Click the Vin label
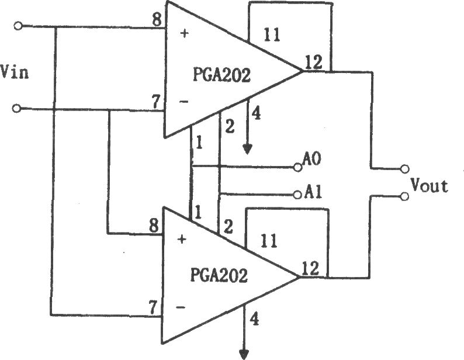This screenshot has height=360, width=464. tap(14, 72)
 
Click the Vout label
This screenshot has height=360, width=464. tap(429, 186)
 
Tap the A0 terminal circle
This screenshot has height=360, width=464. tap(297, 168)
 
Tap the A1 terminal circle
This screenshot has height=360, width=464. tap(297, 195)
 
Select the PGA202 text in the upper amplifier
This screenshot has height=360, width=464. tap(221, 75)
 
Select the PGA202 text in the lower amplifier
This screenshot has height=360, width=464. tap(219, 275)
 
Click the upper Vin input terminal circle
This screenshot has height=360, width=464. tap(18, 26)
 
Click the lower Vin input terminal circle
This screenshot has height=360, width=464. tap(16, 109)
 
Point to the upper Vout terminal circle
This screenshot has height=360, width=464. tap(404, 169)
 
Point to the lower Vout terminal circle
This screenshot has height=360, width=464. tap(404, 196)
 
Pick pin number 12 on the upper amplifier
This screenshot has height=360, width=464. tap(313, 63)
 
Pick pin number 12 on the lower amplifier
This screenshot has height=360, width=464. tap(310, 268)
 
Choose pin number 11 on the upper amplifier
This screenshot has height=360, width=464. tap(272, 35)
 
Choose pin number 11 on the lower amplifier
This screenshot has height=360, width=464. tap(269, 241)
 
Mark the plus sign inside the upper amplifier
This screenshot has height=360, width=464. tap(184, 33)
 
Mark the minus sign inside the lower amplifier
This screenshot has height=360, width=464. tap(181, 307)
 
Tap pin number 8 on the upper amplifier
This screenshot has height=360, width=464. tap(157, 20)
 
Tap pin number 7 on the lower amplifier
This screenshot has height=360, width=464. tap(153, 308)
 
